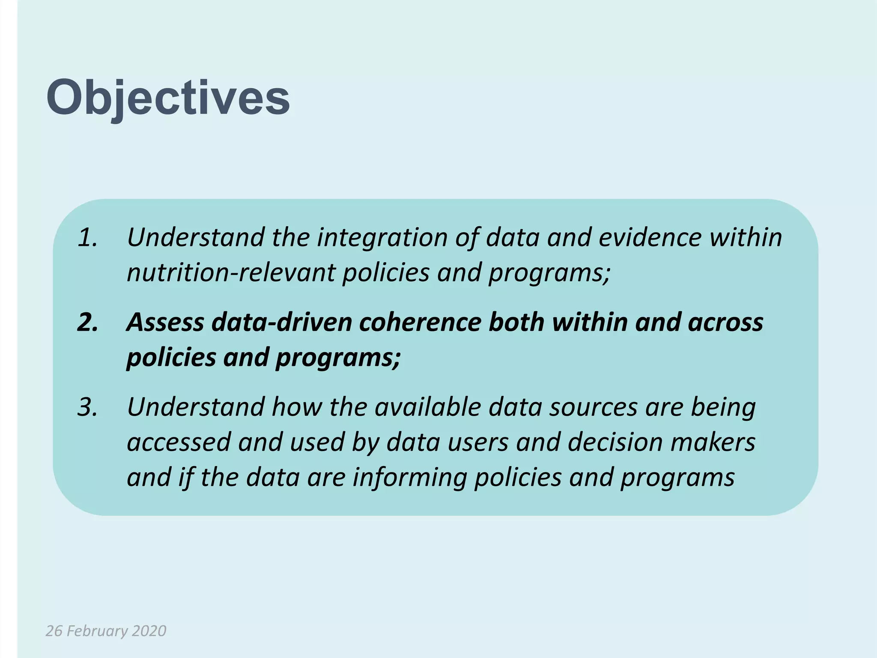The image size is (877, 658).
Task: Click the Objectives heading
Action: coord(168,99)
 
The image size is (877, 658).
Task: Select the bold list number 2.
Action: coord(87,322)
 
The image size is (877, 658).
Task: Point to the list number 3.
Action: coord(87,407)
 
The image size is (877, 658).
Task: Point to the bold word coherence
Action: coord(420,322)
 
